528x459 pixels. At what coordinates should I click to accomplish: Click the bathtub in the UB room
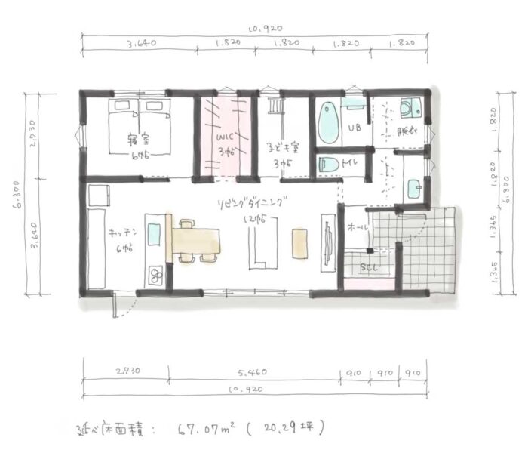point(329,124)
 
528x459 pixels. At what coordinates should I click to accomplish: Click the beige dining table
point(198,239)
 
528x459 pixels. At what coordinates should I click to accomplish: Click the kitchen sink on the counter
point(154,231)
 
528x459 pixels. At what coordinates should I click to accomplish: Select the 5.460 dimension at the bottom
point(251,373)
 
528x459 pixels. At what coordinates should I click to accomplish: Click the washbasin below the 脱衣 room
point(413,189)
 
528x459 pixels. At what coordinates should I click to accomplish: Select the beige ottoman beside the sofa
point(300,243)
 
